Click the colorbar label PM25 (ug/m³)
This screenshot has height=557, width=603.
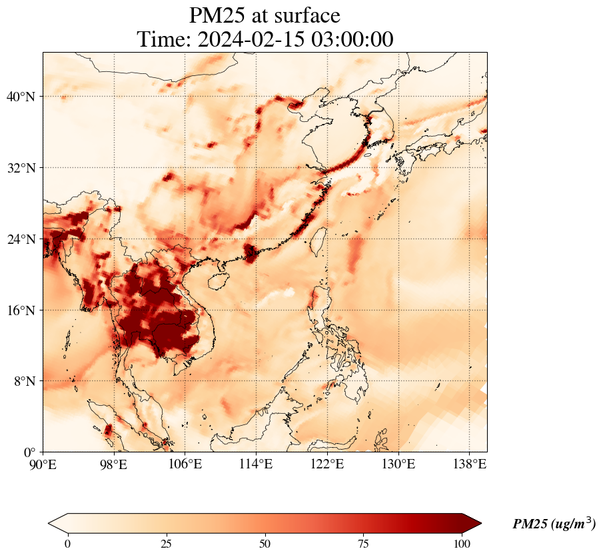click(554, 524)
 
